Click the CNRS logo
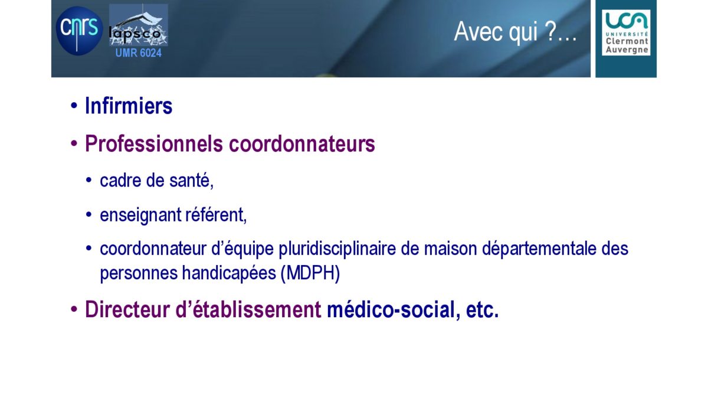click(79, 31)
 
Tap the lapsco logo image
click(139, 25)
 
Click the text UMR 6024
click(139, 53)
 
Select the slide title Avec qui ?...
click(515, 32)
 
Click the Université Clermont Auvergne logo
click(626, 32)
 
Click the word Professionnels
click(154, 144)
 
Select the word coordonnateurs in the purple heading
click(302, 144)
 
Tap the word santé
click(191, 180)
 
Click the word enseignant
click(140, 215)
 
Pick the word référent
click(216, 215)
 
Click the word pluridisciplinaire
click(337, 249)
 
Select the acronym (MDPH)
click(310, 273)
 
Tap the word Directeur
click(127, 309)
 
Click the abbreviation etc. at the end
click(483, 310)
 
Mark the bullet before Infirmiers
click(74, 106)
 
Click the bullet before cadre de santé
click(89, 180)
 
